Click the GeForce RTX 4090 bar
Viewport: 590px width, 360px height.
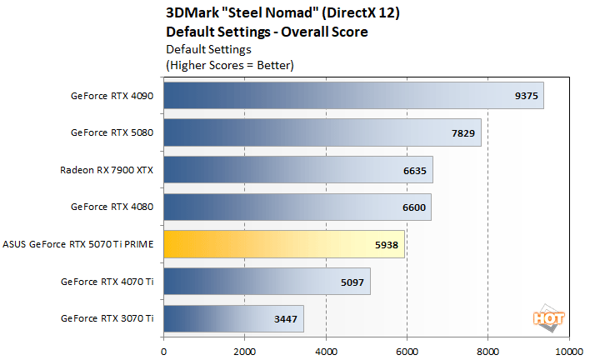[353, 95]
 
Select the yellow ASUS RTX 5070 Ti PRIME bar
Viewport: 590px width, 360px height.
[284, 244]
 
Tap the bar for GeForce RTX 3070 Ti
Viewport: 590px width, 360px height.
[233, 318]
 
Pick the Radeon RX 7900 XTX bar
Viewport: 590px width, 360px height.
[298, 170]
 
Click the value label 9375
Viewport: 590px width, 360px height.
[527, 96]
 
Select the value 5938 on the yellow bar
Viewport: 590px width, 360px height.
[387, 245]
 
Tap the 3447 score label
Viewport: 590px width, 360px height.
[286, 319]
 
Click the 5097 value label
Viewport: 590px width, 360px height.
[353, 282]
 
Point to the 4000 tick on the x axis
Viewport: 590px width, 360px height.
[326, 350]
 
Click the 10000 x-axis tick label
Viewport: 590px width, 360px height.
[568, 350]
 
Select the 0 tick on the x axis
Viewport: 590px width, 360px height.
[164, 350]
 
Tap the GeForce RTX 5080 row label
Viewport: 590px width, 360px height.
[112, 132]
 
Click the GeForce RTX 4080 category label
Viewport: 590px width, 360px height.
[112, 207]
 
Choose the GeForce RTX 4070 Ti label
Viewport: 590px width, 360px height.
[107, 282]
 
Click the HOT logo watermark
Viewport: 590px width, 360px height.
[545, 317]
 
